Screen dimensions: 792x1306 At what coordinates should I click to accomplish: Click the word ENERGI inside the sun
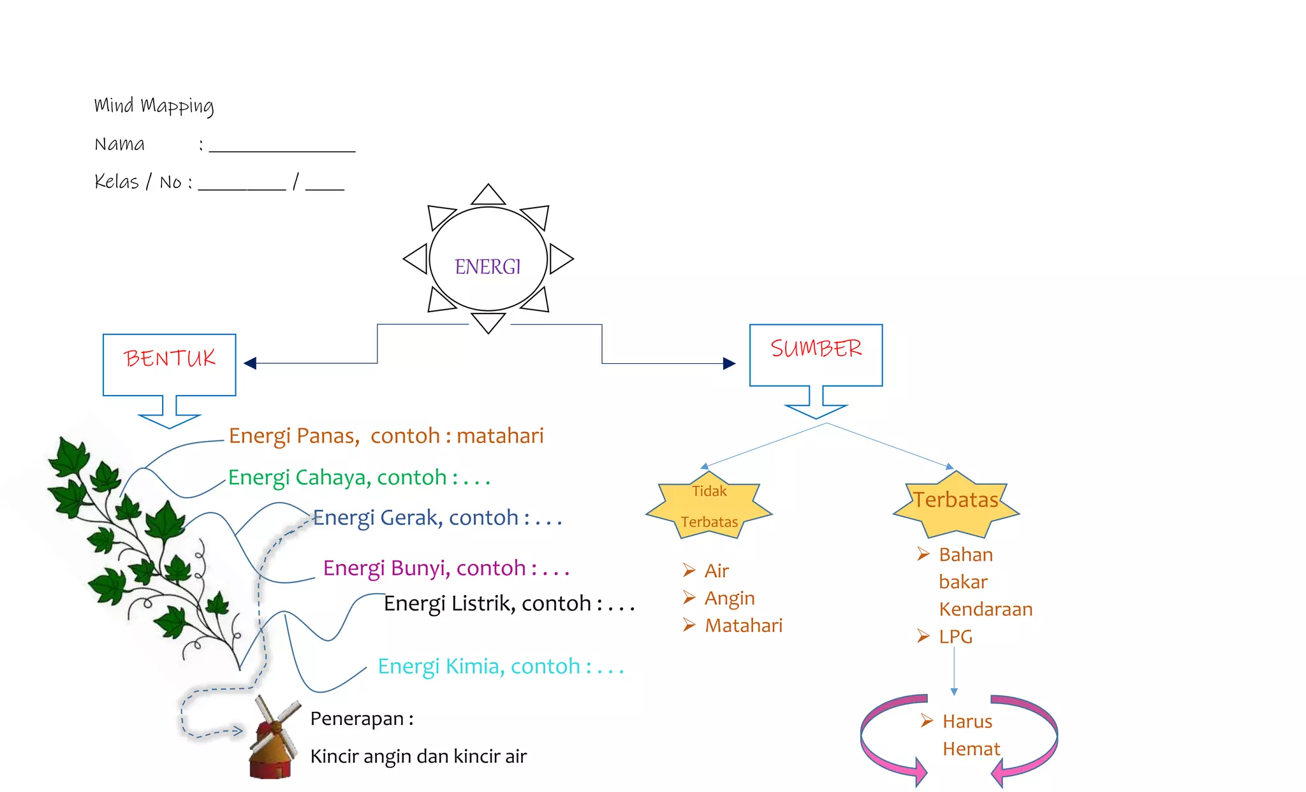coord(488,266)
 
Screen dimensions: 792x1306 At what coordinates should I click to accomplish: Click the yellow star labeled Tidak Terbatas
coord(709,507)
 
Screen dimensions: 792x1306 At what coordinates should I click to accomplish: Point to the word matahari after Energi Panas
coord(500,436)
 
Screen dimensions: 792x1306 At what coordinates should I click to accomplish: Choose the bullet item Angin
coord(730,598)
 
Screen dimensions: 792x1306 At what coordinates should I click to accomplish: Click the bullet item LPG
coord(955,637)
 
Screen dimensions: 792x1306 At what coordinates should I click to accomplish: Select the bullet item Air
coord(716,571)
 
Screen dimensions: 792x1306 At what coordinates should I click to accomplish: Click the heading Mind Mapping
coord(154,106)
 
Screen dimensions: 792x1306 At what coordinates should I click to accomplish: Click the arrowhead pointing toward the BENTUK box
coord(250,363)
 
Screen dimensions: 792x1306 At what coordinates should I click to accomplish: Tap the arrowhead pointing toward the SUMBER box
coord(729,363)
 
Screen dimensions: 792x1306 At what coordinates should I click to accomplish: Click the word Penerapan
coord(356,719)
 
